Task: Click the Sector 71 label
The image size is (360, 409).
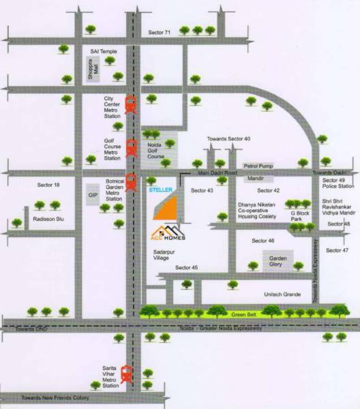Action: [x=164, y=32]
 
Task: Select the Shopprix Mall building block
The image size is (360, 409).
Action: [x=92, y=71]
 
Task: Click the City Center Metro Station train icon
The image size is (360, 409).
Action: [x=130, y=106]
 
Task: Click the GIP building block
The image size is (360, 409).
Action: [x=92, y=194]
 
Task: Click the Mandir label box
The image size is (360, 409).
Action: [x=256, y=178]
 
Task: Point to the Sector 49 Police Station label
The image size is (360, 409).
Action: [x=338, y=183]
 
